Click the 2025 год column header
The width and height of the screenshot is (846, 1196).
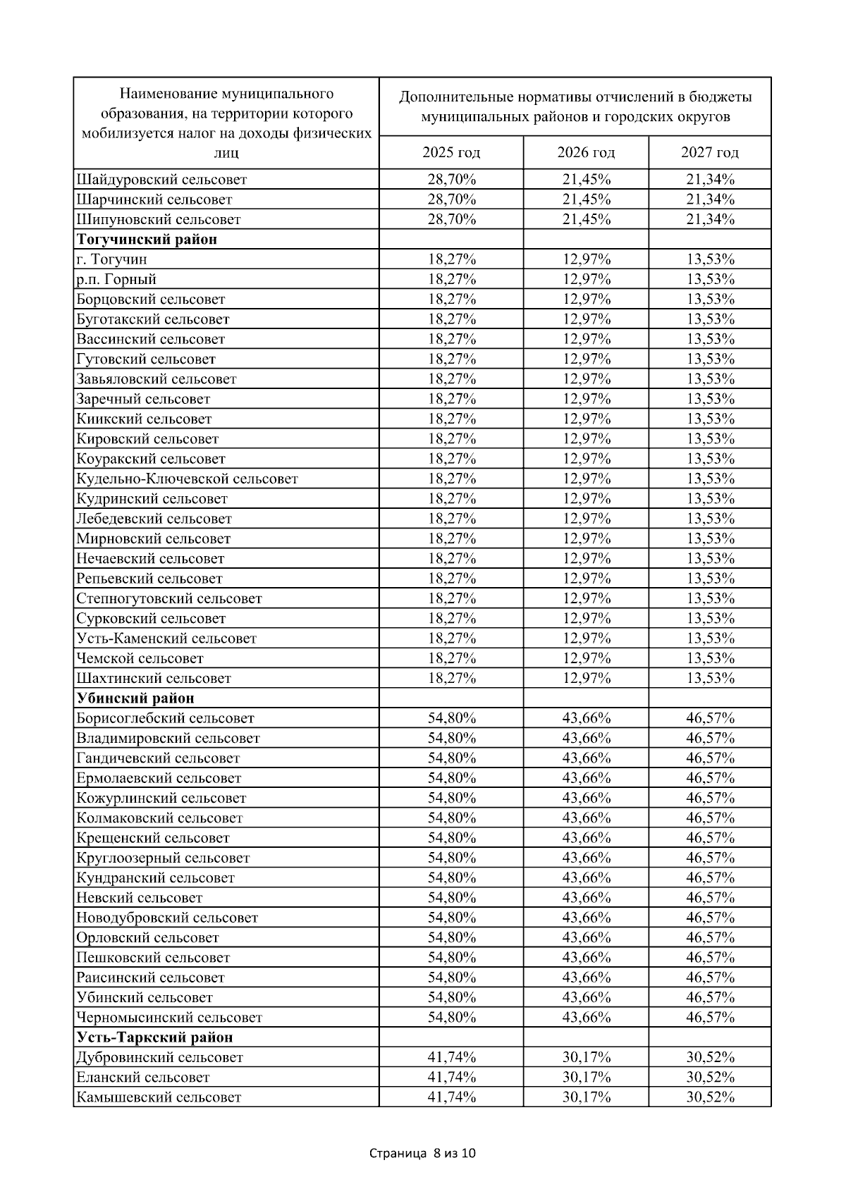click(x=451, y=152)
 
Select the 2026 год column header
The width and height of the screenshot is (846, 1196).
click(x=586, y=152)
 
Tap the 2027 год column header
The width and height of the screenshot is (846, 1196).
click(x=710, y=152)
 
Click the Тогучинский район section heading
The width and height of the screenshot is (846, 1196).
click(x=147, y=239)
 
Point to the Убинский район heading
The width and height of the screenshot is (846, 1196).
click(x=135, y=698)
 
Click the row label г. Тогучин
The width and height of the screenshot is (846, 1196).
click(x=112, y=259)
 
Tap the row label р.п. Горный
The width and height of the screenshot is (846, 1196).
click(x=116, y=279)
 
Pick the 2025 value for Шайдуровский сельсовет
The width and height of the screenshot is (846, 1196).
click(x=452, y=179)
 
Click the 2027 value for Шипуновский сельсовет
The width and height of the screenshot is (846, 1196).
click(x=711, y=219)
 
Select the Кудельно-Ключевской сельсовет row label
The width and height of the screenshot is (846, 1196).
click(x=188, y=479)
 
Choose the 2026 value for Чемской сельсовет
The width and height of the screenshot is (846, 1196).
click(x=587, y=659)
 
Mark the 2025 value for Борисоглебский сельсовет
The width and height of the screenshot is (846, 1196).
click(x=452, y=719)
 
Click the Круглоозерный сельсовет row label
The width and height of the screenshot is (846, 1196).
click(x=164, y=858)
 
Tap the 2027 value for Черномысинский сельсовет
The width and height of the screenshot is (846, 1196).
click(x=711, y=1018)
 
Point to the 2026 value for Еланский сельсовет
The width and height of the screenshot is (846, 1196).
click(x=587, y=1078)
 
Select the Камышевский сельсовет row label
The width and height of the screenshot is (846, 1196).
click(x=159, y=1097)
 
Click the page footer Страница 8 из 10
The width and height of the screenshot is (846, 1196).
click(x=423, y=1154)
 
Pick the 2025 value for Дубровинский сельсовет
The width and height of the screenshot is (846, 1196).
click(x=452, y=1058)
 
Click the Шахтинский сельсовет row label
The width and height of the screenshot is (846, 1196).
click(x=154, y=679)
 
